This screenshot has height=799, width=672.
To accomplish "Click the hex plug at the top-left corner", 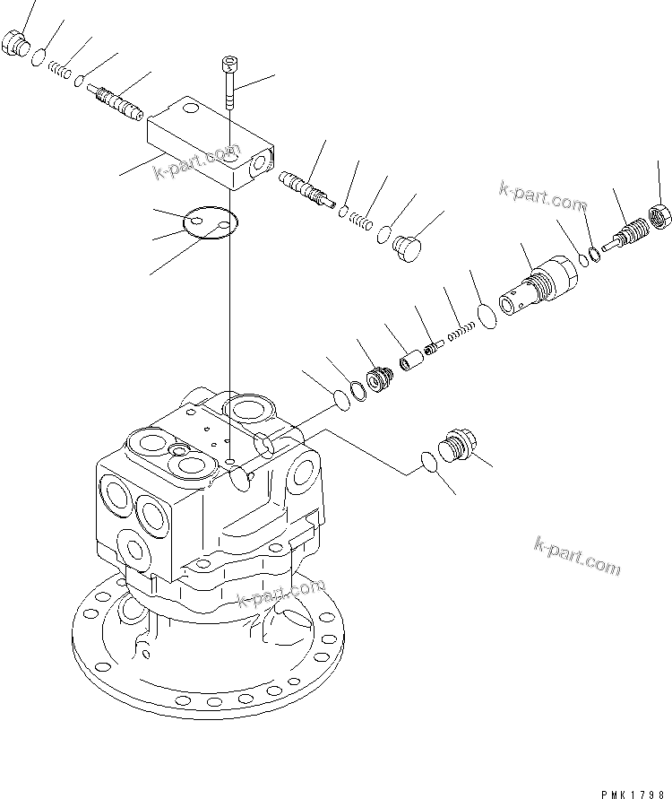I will (14, 43).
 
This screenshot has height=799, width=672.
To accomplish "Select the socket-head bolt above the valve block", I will (229, 82).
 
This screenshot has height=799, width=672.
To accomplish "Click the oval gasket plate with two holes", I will (208, 223).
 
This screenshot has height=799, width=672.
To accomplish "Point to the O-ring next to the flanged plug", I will (429, 462).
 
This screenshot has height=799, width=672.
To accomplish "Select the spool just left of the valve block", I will (116, 100).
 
